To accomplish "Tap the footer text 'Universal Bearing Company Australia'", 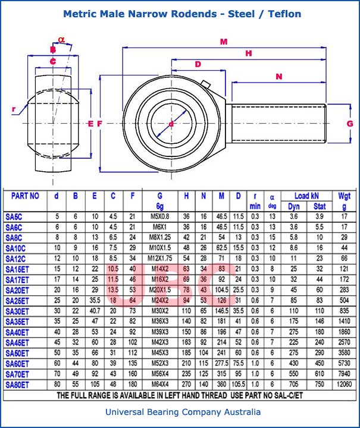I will [x=183, y=412].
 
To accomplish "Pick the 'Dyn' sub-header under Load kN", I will [x=293, y=206].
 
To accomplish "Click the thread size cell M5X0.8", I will [x=159, y=216].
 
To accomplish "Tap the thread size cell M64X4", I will [x=159, y=385].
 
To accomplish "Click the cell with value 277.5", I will [x=222, y=363].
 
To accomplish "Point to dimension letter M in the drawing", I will [x=224, y=42].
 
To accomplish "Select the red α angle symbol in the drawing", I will [x=61, y=40].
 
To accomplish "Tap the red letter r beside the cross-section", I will [x=14, y=108].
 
